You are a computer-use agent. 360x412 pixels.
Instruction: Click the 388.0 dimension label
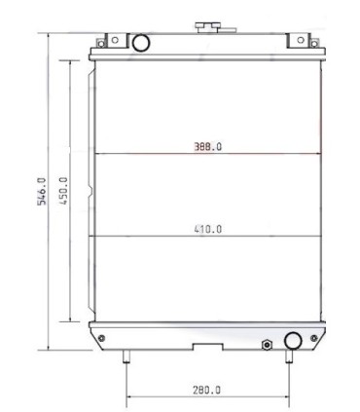pyautogui.click(x=207, y=146)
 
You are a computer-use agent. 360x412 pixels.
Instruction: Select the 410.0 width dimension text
pyautogui.click(x=207, y=230)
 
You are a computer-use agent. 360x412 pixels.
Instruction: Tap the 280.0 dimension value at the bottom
pyautogui.click(x=206, y=391)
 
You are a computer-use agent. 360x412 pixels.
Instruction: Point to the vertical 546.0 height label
pyautogui.click(x=41, y=191)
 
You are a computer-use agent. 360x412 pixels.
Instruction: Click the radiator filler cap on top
pyautogui.click(x=206, y=25)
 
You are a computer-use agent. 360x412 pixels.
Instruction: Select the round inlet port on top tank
pyautogui.click(x=140, y=42)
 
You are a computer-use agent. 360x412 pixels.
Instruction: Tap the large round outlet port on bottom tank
pyautogui.click(x=293, y=340)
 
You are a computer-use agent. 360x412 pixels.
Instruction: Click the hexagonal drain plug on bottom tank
pyautogui.click(x=266, y=344)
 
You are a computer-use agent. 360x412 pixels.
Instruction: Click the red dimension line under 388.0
pyautogui.click(x=207, y=154)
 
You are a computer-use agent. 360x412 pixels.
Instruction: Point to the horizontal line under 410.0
pyautogui.click(x=207, y=238)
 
